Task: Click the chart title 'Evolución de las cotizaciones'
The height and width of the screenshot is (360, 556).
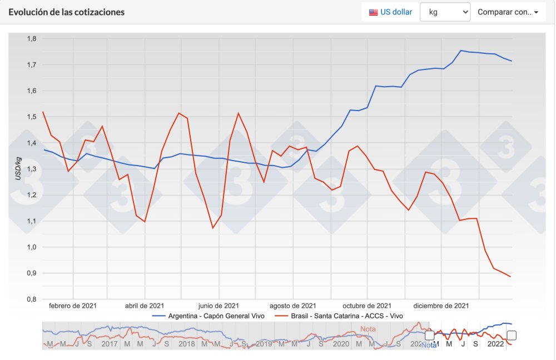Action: [x=67, y=12]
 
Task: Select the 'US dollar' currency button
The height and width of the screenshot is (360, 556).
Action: [x=391, y=12]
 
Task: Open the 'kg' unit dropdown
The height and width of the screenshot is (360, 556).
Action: [x=445, y=12]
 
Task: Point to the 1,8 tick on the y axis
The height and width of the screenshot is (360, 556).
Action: [x=32, y=39]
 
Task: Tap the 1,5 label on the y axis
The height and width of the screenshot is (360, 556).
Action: [x=32, y=117]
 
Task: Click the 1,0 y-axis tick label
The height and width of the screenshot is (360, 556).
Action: [x=32, y=247]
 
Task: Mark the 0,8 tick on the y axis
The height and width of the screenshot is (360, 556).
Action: [x=32, y=299]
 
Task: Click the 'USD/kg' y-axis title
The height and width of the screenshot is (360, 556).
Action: [x=18, y=169]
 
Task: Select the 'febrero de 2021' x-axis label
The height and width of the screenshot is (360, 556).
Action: [x=72, y=306]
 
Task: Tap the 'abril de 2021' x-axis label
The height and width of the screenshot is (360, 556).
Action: [x=144, y=306]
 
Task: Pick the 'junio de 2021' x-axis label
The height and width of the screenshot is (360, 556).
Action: [x=219, y=306]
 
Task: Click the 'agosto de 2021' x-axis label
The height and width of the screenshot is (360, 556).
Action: [x=292, y=306]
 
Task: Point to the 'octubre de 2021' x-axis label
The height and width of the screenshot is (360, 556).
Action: [x=366, y=306]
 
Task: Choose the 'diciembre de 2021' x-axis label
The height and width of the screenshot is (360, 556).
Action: [x=441, y=306]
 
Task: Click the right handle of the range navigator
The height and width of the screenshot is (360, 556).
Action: [x=512, y=335]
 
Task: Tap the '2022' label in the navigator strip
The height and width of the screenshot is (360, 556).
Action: [x=496, y=344]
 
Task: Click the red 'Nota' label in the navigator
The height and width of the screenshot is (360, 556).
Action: [x=368, y=329]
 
